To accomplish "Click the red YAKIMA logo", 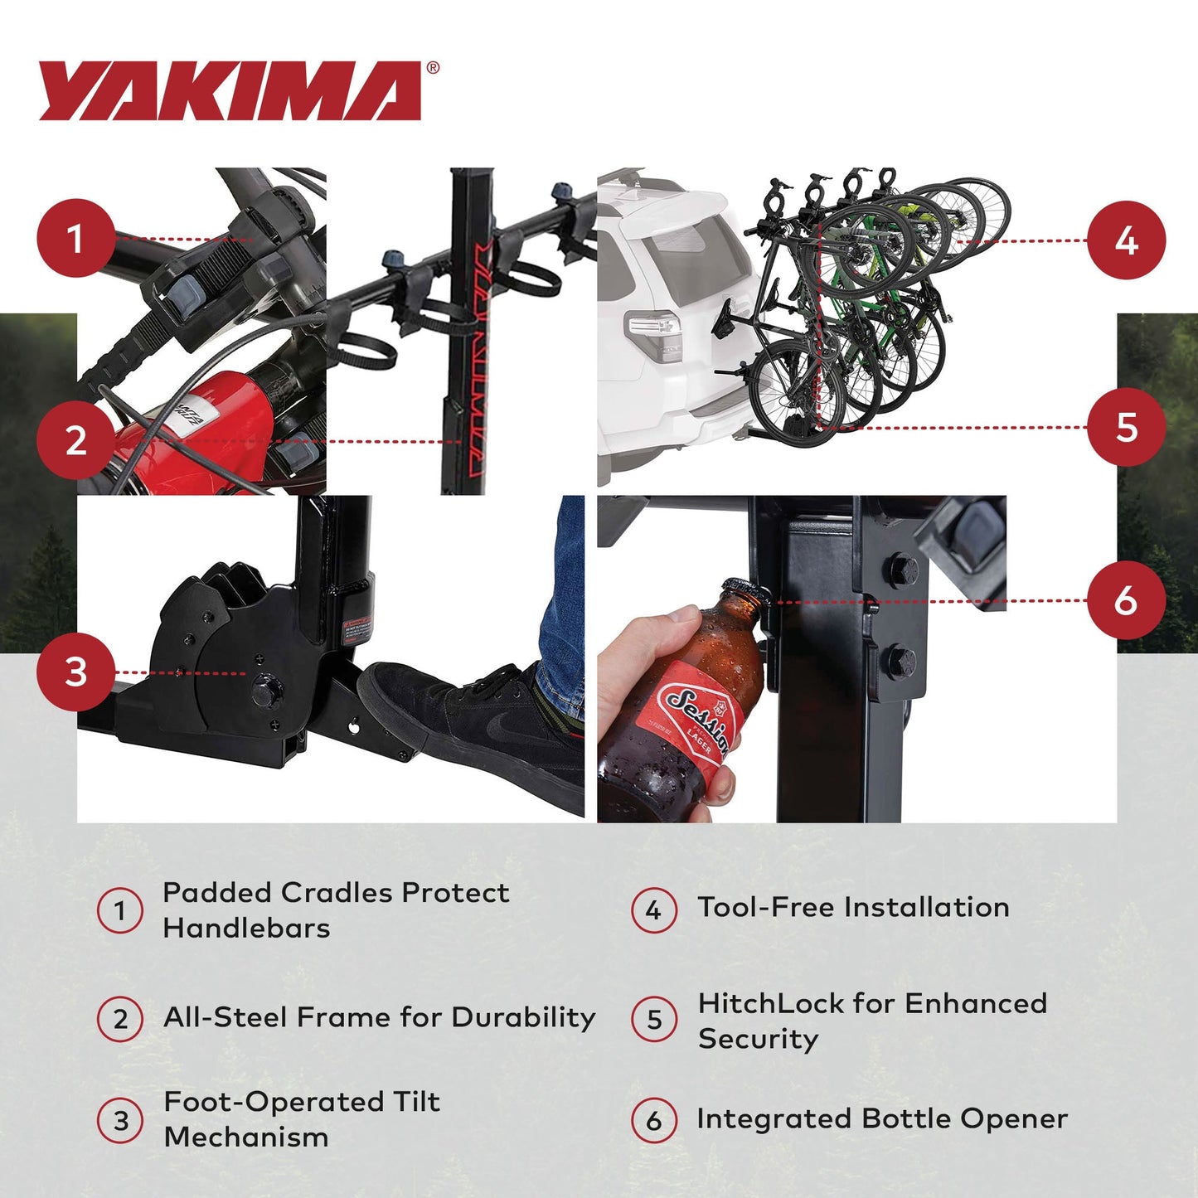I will pyautogui.click(x=230, y=91).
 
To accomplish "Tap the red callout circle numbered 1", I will pyautogui.click(x=75, y=239).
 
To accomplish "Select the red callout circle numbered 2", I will pyautogui.click(x=75, y=440).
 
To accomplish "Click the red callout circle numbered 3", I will pyautogui.click(x=75, y=672).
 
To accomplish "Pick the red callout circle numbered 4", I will pyautogui.click(x=1126, y=240).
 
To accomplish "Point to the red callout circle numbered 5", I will pyautogui.click(x=1126, y=427).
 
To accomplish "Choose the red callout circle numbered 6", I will pyautogui.click(x=1126, y=600).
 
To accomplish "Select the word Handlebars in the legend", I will pyautogui.click(x=246, y=928).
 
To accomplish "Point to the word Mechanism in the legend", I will pyautogui.click(x=246, y=1137).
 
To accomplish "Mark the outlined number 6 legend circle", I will pyautogui.click(x=654, y=1120).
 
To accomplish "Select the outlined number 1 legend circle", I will pyautogui.click(x=120, y=910).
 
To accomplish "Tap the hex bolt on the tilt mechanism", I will pyautogui.click(x=264, y=690).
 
